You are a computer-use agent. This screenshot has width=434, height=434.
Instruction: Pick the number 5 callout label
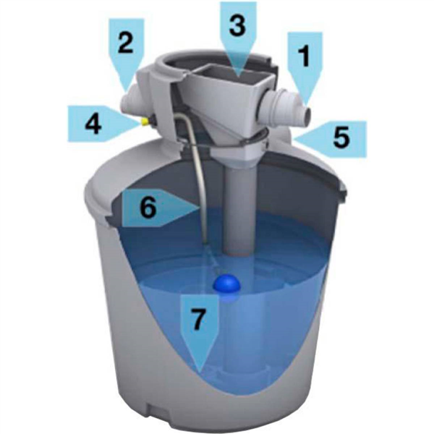pos(340,137)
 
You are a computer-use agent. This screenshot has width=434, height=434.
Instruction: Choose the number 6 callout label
pos(148,208)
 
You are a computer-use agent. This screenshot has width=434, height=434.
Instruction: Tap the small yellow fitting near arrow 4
pos(145,122)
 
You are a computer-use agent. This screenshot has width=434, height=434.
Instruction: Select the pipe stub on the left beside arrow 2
pos(131,102)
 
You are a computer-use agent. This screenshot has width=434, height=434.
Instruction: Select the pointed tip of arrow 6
pos(198,208)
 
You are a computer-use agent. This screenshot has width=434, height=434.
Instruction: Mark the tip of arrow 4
pos(137,122)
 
